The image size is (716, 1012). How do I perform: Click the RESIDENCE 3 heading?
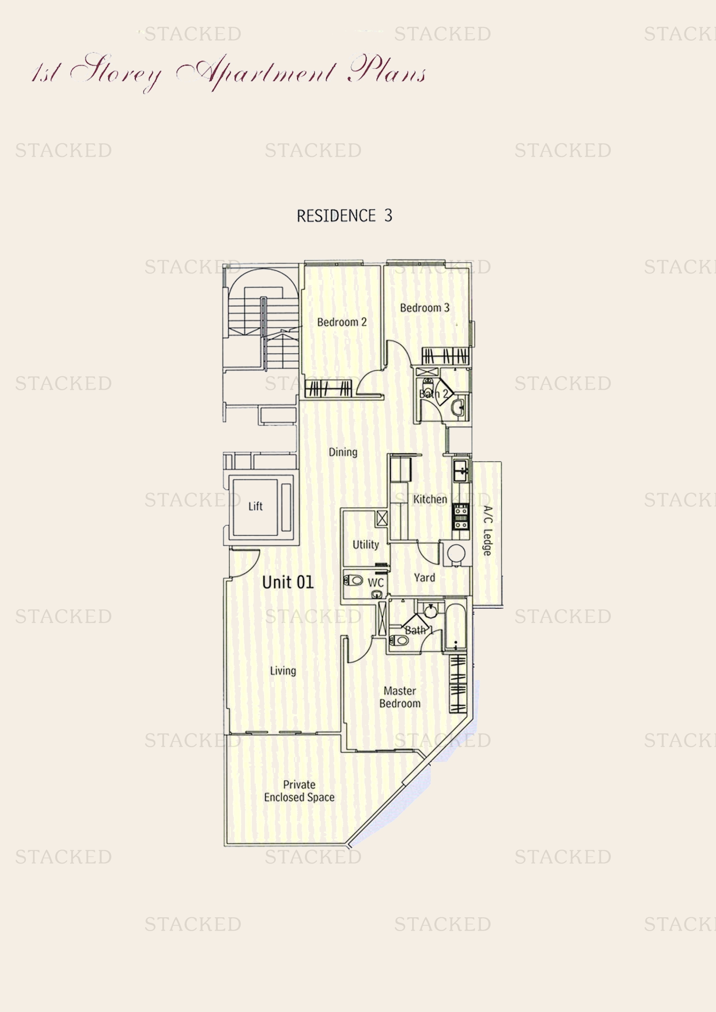pyautogui.click(x=344, y=215)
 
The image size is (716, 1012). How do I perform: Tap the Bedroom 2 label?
pyautogui.click(x=342, y=322)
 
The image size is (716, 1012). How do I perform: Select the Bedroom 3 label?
pyautogui.click(x=425, y=308)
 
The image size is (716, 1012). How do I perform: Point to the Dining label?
pyautogui.click(x=343, y=452)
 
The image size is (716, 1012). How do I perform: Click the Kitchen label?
pyautogui.click(x=430, y=499)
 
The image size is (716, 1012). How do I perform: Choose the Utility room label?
pyautogui.click(x=365, y=545)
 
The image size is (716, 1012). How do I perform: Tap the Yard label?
pyautogui.click(x=424, y=578)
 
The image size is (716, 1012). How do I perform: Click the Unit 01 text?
pyautogui.click(x=287, y=582)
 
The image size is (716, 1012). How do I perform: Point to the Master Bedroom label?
pyautogui.click(x=400, y=697)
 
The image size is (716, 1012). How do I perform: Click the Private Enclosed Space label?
pyautogui.click(x=299, y=791)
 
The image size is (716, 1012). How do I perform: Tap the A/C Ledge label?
pyautogui.click(x=487, y=531)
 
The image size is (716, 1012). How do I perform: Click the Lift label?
pyautogui.click(x=255, y=507)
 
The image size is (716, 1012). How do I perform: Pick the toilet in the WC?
pyautogui.click(x=354, y=581)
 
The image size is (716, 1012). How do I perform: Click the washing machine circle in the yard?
pyautogui.click(x=456, y=553)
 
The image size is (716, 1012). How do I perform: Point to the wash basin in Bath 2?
pyautogui.click(x=458, y=407)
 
